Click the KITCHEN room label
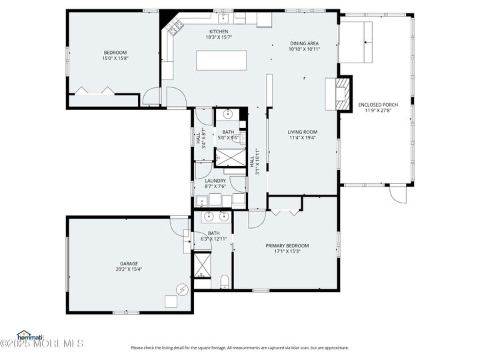pos(219,31)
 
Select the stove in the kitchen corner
pos(177,27)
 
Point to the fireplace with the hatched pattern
pos(341,93)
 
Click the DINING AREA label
pos(305,43)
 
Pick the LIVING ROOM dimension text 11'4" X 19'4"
pos(302,138)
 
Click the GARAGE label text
pos(129,263)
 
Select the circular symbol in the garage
pos(181,289)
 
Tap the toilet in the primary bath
pos(225,281)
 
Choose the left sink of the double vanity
pos(208,216)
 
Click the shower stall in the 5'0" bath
pos(228,157)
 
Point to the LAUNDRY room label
pos(215,180)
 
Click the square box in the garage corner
pos(171,301)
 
